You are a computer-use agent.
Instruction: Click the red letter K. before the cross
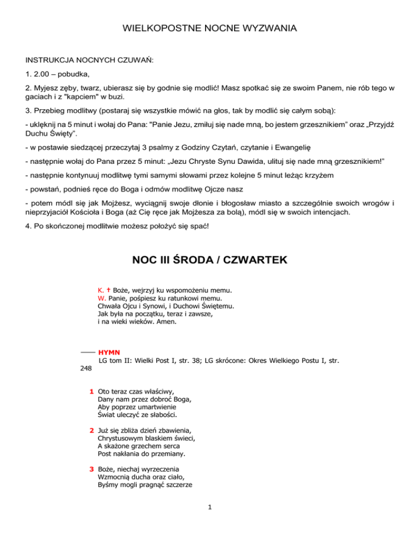coord(100,290)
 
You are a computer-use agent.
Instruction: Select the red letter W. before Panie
coord(101,298)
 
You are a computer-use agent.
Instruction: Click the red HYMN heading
coord(109,353)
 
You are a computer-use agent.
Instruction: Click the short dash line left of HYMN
coord(86,352)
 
